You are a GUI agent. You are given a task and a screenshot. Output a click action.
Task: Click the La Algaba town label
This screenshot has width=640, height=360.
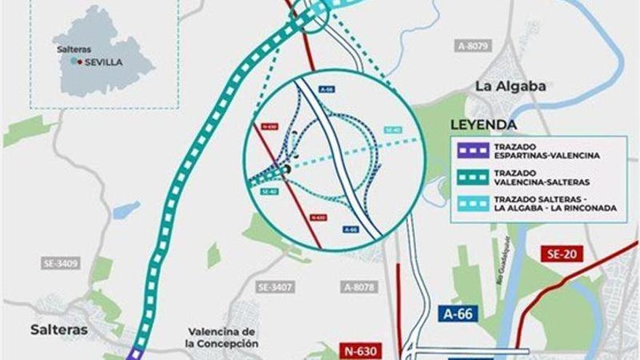coord(511,87)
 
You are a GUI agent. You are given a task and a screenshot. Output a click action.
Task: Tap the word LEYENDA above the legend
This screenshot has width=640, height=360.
coord(484,125)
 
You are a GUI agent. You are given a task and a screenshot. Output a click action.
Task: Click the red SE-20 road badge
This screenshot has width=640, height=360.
coord(561,254)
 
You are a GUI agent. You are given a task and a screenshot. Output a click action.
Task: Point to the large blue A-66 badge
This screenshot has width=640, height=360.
coord(457,313)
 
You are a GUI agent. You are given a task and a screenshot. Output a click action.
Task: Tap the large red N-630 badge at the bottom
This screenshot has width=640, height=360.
coord(360,351)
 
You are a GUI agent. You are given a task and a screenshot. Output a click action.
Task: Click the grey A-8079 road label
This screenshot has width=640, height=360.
coord(474,46)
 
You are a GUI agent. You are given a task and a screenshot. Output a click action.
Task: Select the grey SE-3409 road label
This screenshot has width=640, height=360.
coord(60,263)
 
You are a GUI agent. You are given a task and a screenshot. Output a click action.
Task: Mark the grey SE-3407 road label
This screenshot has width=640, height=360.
coord(276,287)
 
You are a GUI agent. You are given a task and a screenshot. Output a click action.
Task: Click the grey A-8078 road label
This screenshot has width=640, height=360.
coord(359,287)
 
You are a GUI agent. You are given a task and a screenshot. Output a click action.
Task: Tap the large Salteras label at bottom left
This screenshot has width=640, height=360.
coord(59,329)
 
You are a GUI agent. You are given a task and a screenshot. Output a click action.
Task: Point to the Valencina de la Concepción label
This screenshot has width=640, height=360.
coord(223,337)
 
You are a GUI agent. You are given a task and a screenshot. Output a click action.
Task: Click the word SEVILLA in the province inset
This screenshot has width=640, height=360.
coord(103,63)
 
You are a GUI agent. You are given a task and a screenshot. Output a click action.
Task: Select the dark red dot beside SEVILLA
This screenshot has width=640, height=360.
coord(79,62)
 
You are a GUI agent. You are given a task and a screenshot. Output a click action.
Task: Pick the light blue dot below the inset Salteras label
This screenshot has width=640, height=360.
coord(73,62)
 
